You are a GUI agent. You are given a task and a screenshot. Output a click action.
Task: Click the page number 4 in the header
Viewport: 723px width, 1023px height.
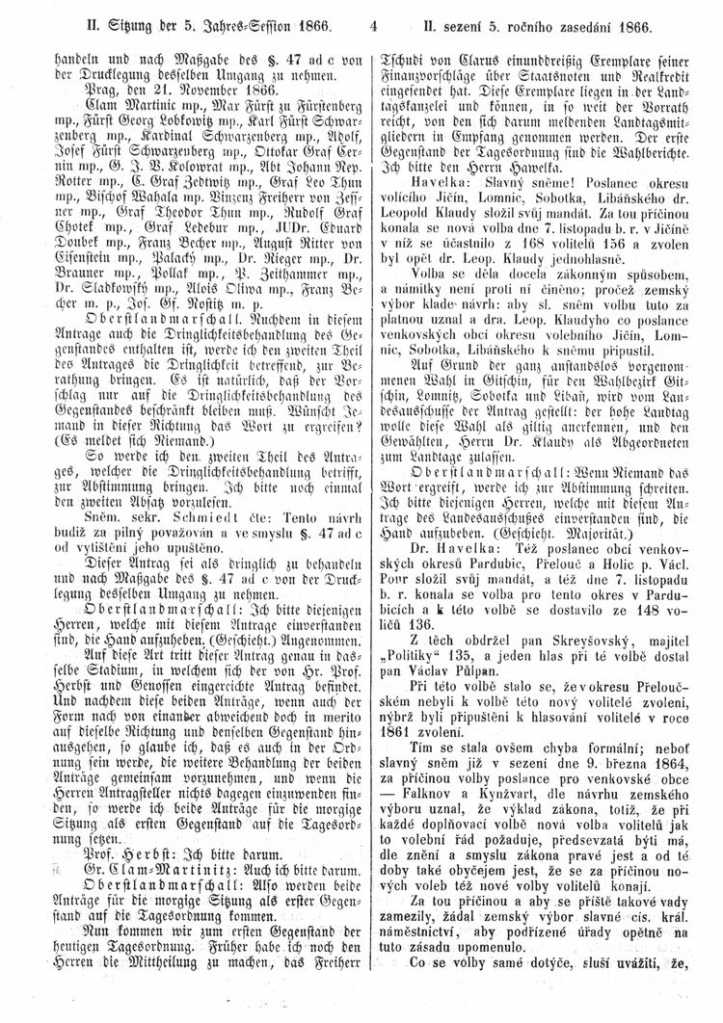pyautogui.click(x=373, y=17)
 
